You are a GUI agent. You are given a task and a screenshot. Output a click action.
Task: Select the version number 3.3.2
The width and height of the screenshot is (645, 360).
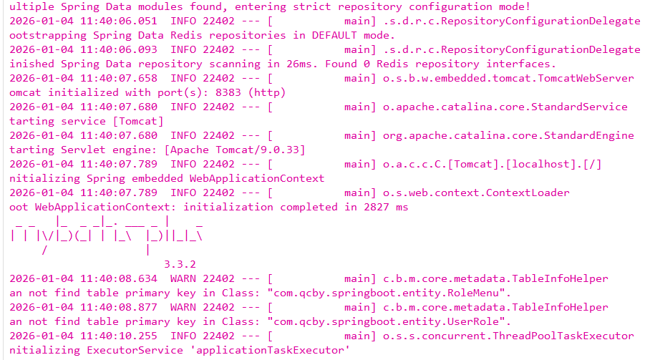(x=180, y=264)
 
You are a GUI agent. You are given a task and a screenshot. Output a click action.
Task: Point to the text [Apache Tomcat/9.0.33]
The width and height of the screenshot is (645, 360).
(x=235, y=150)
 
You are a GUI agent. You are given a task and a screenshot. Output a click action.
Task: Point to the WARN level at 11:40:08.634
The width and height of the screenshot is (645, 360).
(x=183, y=278)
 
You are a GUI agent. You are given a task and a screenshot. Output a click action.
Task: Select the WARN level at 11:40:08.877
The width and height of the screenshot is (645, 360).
(x=183, y=307)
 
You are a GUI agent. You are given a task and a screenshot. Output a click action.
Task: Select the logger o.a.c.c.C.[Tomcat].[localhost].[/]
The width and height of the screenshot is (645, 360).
(x=492, y=164)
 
